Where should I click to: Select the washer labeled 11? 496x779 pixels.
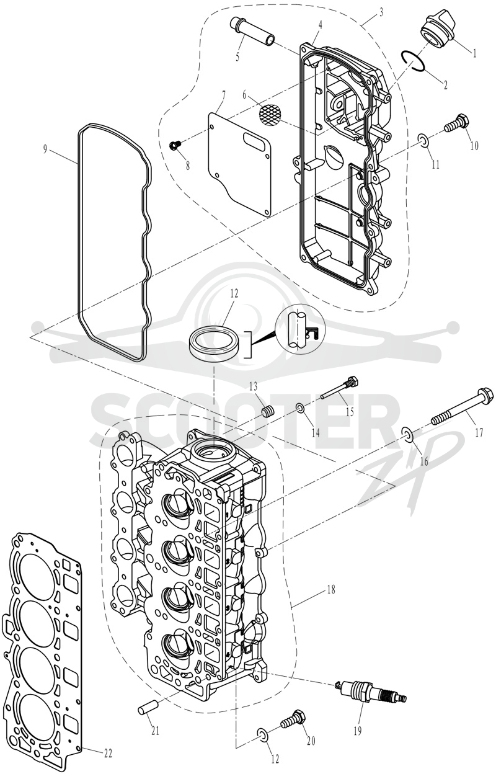[x=423, y=141]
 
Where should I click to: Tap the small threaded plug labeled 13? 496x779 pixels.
[x=268, y=414]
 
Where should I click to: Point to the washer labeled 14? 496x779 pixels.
[x=300, y=407]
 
